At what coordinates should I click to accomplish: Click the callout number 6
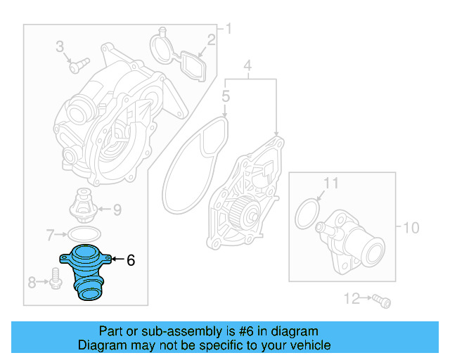click(x=130, y=260)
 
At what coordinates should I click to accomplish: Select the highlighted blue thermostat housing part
click(x=84, y=271)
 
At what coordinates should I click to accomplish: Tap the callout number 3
click(x=60, y=47)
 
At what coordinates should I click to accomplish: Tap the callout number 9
click(x=117, y=209)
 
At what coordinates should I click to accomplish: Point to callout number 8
click(x=32, y=283)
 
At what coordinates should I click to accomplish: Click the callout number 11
click(x=330, y=184)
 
